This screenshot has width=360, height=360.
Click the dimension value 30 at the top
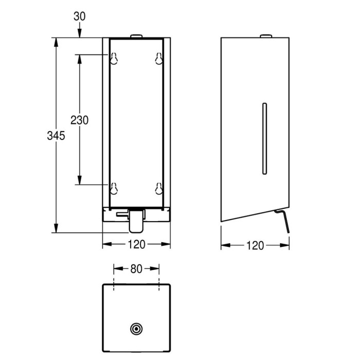[79, 16]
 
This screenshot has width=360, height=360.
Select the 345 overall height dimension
[56, 135]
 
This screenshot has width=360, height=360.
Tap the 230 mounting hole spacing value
[79, 120]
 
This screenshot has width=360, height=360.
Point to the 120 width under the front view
[136, 244]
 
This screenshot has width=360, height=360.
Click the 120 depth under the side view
[255, 245]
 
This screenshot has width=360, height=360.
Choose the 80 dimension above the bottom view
[136, 269]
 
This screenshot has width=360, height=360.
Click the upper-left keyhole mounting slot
[114, 58]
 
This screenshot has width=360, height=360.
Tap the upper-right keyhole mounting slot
[159, 58]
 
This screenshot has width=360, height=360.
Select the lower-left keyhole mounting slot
[114, 188]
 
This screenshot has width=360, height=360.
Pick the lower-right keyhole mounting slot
[159, 188]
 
